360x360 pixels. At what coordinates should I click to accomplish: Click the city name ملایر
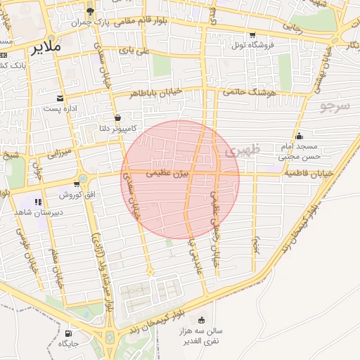tap(46, 48)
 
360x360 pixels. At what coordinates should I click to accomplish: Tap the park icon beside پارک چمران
tap(90, 11)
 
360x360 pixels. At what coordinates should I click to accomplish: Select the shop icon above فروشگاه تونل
tap(252, 34)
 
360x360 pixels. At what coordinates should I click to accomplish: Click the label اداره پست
tap(59, 108)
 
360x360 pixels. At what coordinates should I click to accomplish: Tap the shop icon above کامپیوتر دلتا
tap(117, 117)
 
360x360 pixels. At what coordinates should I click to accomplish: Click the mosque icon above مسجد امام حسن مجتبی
tap(300, 136)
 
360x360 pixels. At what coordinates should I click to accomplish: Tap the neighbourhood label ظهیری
tap(244, 150)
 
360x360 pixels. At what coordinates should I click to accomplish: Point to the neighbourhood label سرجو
tap(335, 106)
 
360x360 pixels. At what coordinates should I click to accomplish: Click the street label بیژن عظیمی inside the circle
tap(167, 172)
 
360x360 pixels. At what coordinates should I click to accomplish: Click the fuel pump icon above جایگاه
tap(68, 333)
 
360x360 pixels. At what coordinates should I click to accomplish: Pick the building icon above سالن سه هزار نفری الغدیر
tap(202, 320)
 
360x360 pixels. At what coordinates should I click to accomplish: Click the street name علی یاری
tap(134, 51)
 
